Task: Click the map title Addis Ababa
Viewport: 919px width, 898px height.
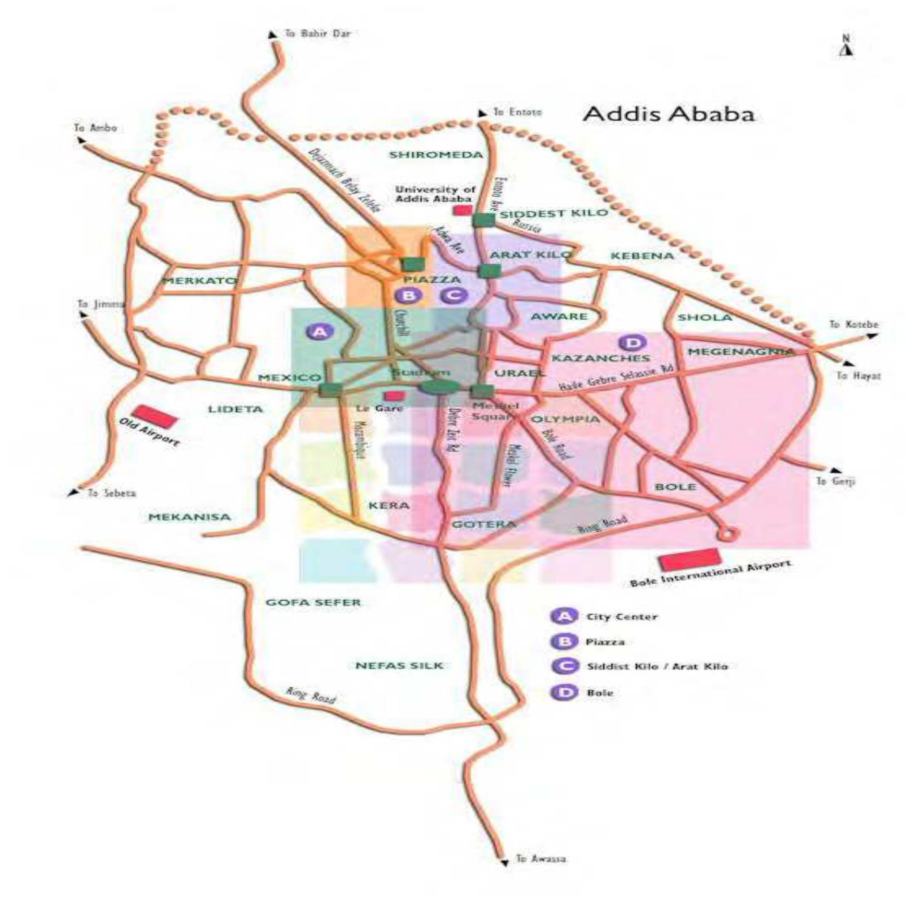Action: point(668,114)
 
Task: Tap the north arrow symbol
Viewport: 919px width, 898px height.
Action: point(846,46)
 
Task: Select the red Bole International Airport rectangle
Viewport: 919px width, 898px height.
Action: point(690,559)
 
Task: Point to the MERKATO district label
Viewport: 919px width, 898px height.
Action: point(199,281)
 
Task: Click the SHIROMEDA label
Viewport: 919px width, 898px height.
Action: point(436,155)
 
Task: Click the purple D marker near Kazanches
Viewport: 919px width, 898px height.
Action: point(632,343)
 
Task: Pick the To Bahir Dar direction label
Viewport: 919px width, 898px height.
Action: point(317,33)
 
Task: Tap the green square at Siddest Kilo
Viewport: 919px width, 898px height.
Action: point(484,220)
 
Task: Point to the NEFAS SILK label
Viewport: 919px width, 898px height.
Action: point(399,665)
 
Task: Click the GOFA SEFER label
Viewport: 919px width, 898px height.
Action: point(313,602)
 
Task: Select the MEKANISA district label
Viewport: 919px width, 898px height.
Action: point(189,517)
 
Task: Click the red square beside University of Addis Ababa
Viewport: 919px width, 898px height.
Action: point(462,210)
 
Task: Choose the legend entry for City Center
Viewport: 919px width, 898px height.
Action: point(621,617)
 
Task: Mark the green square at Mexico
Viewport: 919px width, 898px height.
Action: point(330,389)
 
